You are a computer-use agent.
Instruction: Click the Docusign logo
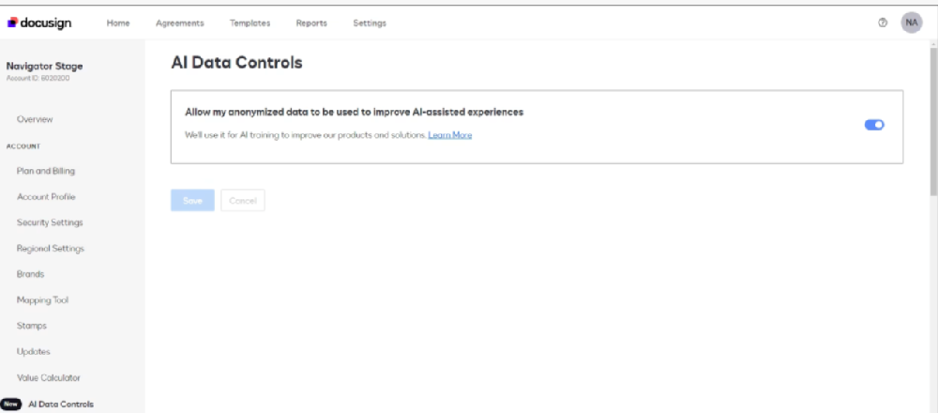tap(39, 23)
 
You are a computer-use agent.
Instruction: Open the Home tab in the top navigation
tap(118, 23)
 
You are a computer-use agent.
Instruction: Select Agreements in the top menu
tap(179, 23)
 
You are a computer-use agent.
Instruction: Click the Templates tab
tap(250, 23)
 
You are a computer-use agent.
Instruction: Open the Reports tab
tap(311, 23)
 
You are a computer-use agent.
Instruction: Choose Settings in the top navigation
tap(370, 23)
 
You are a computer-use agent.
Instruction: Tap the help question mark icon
tap(883, 23)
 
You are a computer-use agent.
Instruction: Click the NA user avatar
tap(912, 23)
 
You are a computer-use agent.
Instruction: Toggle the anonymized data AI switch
tap(874, 125)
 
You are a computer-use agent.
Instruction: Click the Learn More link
tap(450, 135)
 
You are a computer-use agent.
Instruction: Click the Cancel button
tap(243, 201)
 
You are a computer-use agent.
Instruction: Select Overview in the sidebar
tap(35, 119)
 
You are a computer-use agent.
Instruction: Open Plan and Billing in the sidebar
tap(46, 171)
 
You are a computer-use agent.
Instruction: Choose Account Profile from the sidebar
tap(46, 197)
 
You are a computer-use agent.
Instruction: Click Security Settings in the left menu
tap(50, 222)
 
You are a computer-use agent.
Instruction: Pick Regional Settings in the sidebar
tap(51, 249)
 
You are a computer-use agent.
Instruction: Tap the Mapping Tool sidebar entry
tap(42, 300)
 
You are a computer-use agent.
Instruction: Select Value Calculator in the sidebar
tap(49, 377)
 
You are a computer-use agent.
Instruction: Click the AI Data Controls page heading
tap(236, 64)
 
